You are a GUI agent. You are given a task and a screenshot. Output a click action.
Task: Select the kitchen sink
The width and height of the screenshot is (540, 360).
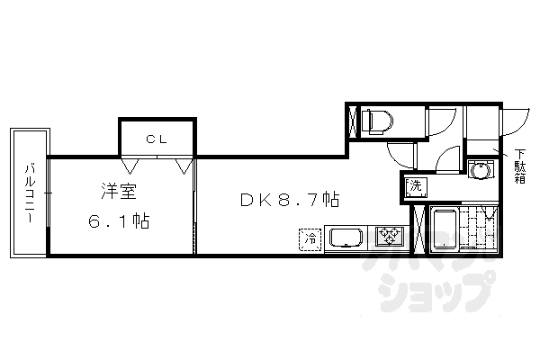coord(345,238)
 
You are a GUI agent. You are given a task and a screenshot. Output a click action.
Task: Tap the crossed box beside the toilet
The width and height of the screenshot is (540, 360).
coord(352,120)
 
